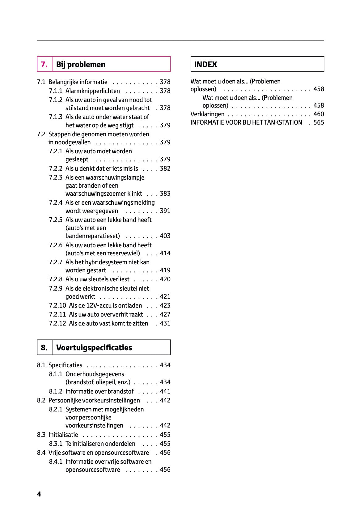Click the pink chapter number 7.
coord(44,64)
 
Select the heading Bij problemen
coord(81,64)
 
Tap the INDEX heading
coord(205,64)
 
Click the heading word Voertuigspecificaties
coord(94,347)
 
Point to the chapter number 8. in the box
coord(44,347)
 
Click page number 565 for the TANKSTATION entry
coord(319,122)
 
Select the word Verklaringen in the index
coord(207,114)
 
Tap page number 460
coord(319,114)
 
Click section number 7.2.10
coord(57,305)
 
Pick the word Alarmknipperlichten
coord(93,91)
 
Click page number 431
coord(165,323)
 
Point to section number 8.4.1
coord(56,462)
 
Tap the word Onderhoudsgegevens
coord(95,374)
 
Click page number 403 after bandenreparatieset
coord(165,236)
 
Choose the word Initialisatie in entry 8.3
coord(63,435)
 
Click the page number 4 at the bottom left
coord(39,494)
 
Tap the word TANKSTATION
coord(283,122)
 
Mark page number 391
coord(165,211)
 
